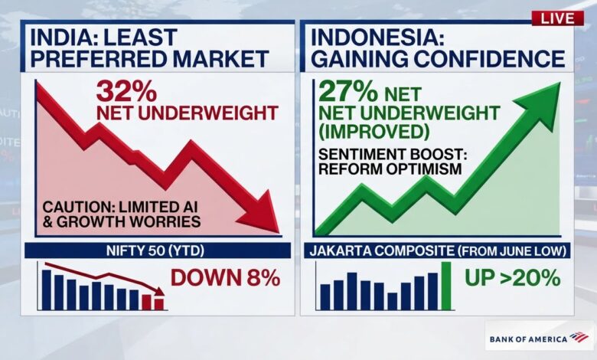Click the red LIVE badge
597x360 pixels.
click(x=557, y=18)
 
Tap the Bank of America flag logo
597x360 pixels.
click(x=579, y=337)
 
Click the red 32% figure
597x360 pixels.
click(x=126, y=90)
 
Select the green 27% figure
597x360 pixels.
click(x=348, y=91)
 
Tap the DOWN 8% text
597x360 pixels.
click(x=225, y=277)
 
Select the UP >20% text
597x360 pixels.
click(x=513, y=277)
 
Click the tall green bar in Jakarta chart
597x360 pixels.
click(x=446, y=286)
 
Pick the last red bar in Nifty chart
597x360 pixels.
click(x=159, y=304)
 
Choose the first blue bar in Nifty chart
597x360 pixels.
click(x=47, y=290)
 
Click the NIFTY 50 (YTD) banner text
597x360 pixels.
click(x=155, y=250)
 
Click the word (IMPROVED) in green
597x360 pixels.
click(x=374, y=132)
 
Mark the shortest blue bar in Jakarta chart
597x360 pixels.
click(x=392, y=301)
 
